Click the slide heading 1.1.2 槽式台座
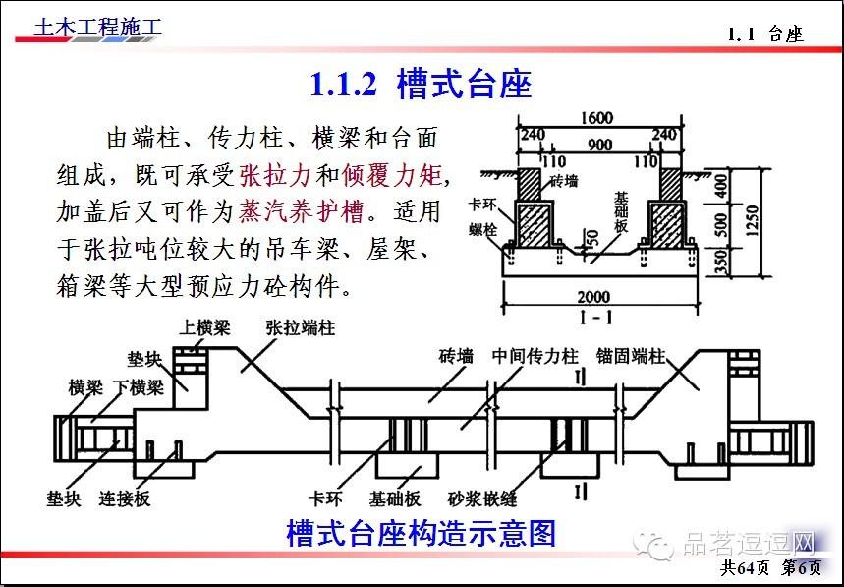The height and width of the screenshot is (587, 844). coord(421,85)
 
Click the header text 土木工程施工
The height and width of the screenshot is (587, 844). coord(97,29)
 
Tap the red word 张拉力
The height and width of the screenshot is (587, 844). coord(275,176)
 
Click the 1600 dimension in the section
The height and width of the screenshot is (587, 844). coord(596,119)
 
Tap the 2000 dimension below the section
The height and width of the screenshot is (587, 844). coord(592,296)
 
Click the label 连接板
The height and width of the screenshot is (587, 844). coord(125,499)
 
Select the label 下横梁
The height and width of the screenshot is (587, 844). coord(137,386)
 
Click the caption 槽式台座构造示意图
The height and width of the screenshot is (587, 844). coord(421,534)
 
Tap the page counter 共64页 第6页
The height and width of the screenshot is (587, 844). coord(770,568)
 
